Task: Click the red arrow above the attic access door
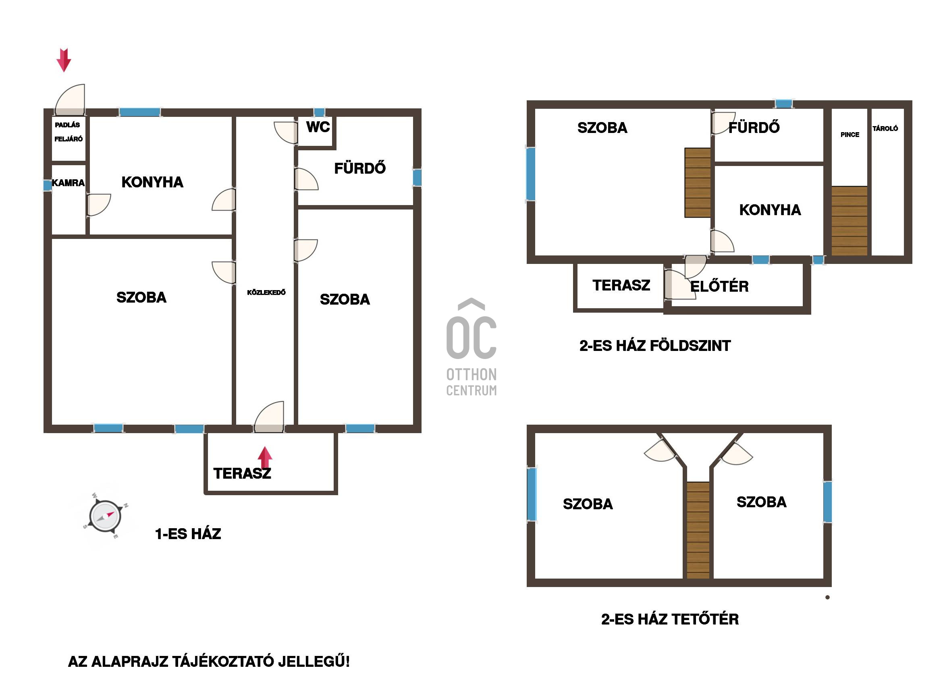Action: click(x=64, y=60)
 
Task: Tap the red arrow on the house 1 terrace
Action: click(x=265, y=458)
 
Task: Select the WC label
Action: click(x=318, y=127)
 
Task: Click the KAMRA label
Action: click(x=68, y=183)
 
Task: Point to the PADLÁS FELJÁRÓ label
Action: click(x=69, y=132)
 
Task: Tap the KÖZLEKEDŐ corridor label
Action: click(x=266, y=293)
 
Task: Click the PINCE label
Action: click(x=850, y=135)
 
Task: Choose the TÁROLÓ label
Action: click(x=885, y=129)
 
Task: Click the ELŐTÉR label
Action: click(x=719, y=286)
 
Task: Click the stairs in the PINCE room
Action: click(x=849, y=221)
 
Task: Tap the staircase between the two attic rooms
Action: click(x=698, y=530)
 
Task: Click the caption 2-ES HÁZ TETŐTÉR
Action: click(x=670, y=619)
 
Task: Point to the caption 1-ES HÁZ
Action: click(x=188, y=533)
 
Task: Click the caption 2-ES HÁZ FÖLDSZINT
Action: click(x=655, y=346)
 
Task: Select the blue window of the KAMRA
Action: click(x=48, y=185)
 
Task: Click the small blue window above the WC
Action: click(x=319, y=112)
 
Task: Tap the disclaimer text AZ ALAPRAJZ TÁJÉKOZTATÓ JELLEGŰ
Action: click(x=208, y=662)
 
